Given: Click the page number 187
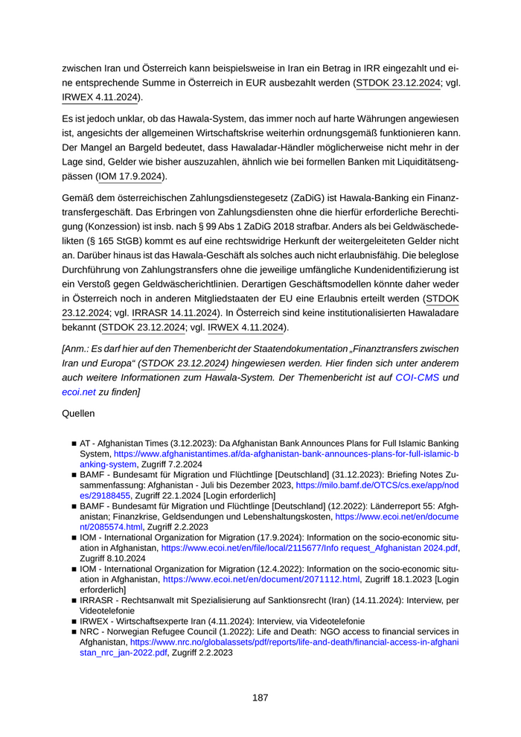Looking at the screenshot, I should coord(260,698).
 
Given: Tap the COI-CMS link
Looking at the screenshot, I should coord(417,377).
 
